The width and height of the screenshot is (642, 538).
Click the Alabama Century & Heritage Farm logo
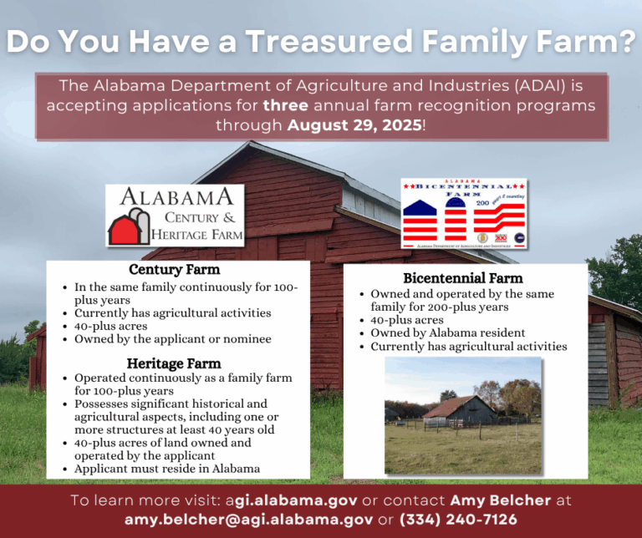click(x=175, y=216)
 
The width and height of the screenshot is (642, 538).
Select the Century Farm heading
click(x=174, y=270)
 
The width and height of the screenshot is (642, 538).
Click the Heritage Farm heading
click(x=174, y=363)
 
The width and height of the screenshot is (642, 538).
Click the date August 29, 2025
click(x=355, y=125)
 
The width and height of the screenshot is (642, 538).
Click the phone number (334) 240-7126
click(x=459, y=520)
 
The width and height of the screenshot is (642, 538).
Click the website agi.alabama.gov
click(x=291, y=500)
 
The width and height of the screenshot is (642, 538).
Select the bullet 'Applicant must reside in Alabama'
click(x=166, y=469)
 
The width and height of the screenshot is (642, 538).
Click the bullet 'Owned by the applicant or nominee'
click(x=172, y=339)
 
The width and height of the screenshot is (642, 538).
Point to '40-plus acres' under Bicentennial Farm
click(x=406, y=320)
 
